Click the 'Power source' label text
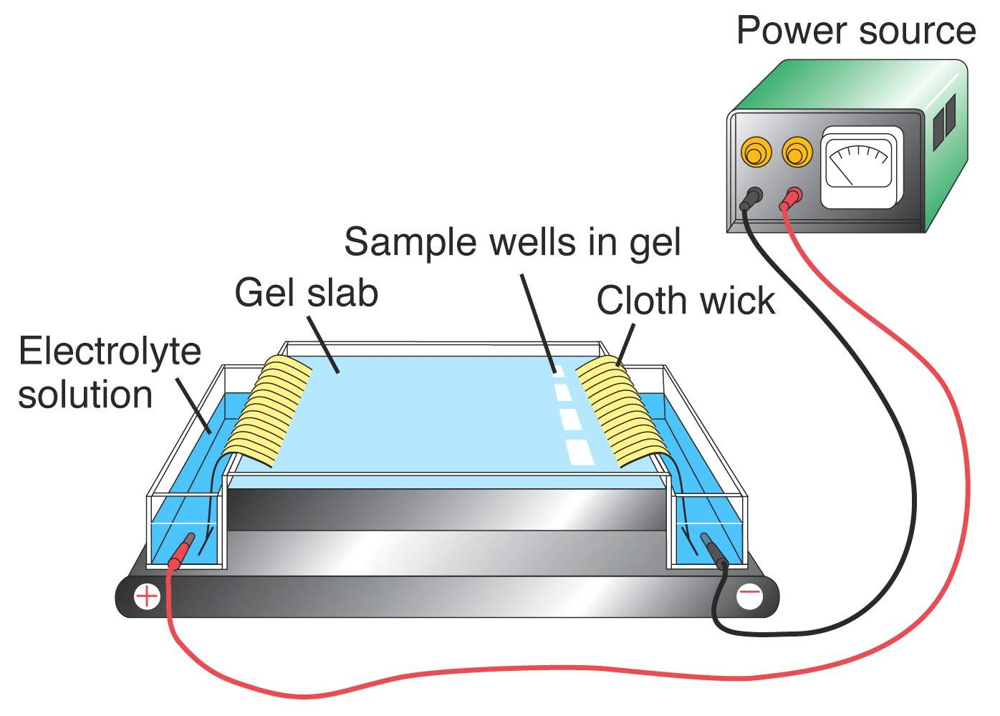(855, 31)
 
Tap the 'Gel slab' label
(306, 293)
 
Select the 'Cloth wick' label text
(685, 300)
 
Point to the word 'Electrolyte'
(110, 352)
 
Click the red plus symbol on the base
(147, 596)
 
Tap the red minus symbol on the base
(750, 594)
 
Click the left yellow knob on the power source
(754, 153)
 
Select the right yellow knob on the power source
(797, 153)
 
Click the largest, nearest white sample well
(580, 451)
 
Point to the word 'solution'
(85, 395)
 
